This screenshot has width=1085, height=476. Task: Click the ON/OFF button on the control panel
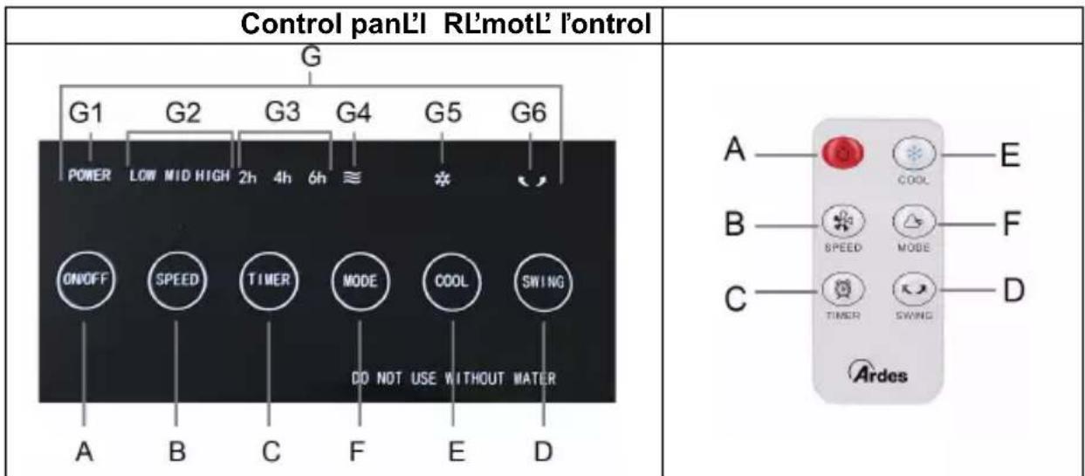pos(84,281)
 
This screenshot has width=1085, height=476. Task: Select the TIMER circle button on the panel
pos(268,281)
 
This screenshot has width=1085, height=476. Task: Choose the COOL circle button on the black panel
pos(453,281)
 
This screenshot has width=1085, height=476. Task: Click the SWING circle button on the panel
pos(544,281)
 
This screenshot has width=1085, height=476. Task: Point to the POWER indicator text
pos(90,175)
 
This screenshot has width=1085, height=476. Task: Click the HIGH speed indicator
pos(215,175)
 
